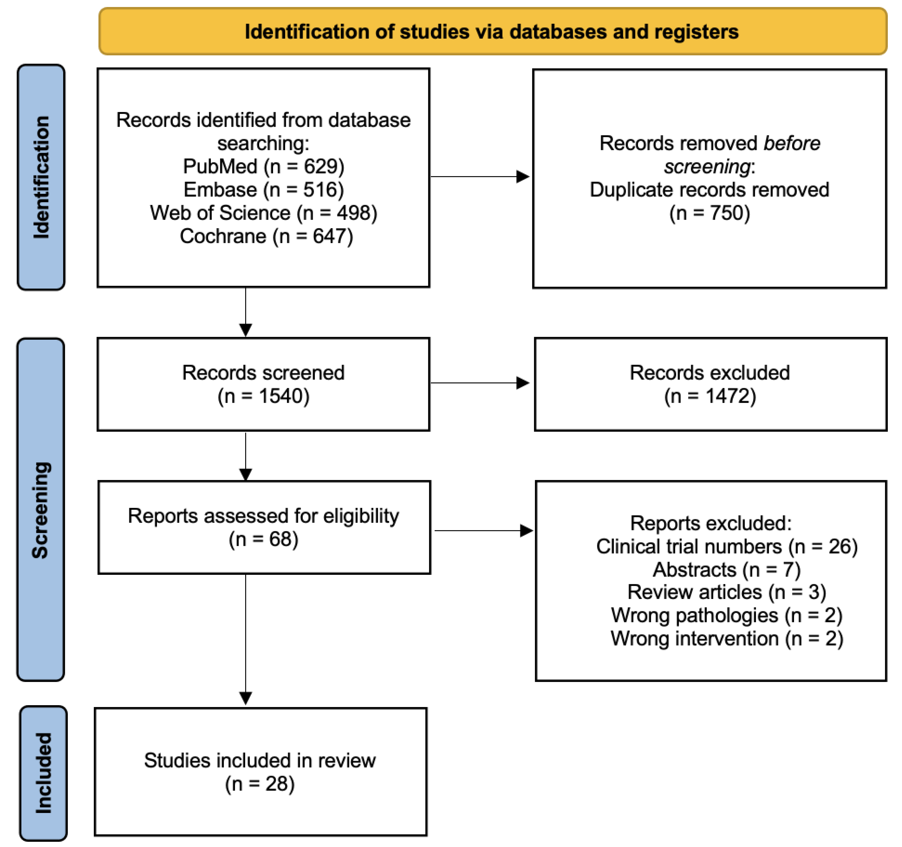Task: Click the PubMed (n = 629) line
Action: coord(264,167)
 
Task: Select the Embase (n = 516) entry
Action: coord(264,190)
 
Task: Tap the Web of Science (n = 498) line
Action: coord(264,213)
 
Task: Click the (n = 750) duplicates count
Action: coord(710,213)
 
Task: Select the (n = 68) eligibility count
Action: coord(264,539)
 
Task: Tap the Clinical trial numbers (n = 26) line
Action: coord(727,546)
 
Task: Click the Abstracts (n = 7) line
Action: coord(727,570)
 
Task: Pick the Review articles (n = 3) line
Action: coord(727,592)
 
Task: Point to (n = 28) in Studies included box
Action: coord(260,784)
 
